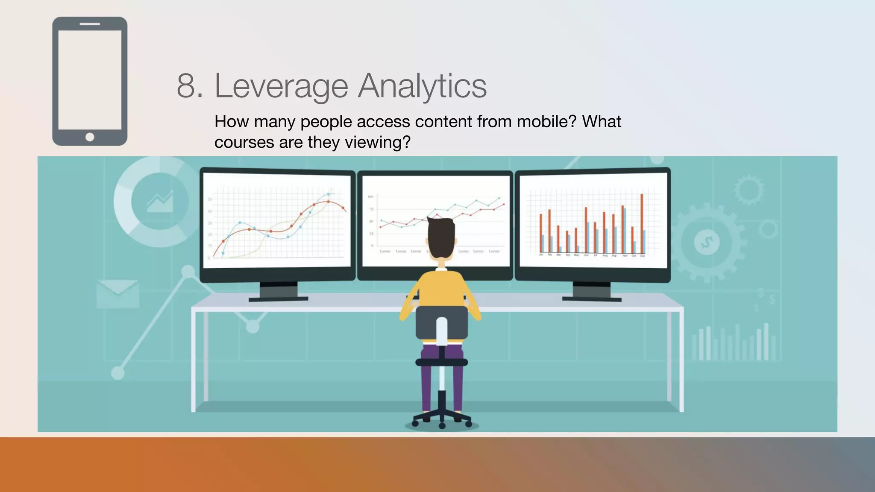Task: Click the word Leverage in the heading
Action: click(281, 86)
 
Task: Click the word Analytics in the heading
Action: click(422, 86)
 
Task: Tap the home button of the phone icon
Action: click(90, 137)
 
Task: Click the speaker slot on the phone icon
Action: click(90, 24)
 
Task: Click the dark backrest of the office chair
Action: click(441, 322)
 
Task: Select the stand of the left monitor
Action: click(278, 291)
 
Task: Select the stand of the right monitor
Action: click(592, 291)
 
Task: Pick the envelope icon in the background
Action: click(117, 293)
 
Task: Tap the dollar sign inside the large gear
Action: click(707, 242)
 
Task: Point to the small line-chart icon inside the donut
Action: click(160, 202)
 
